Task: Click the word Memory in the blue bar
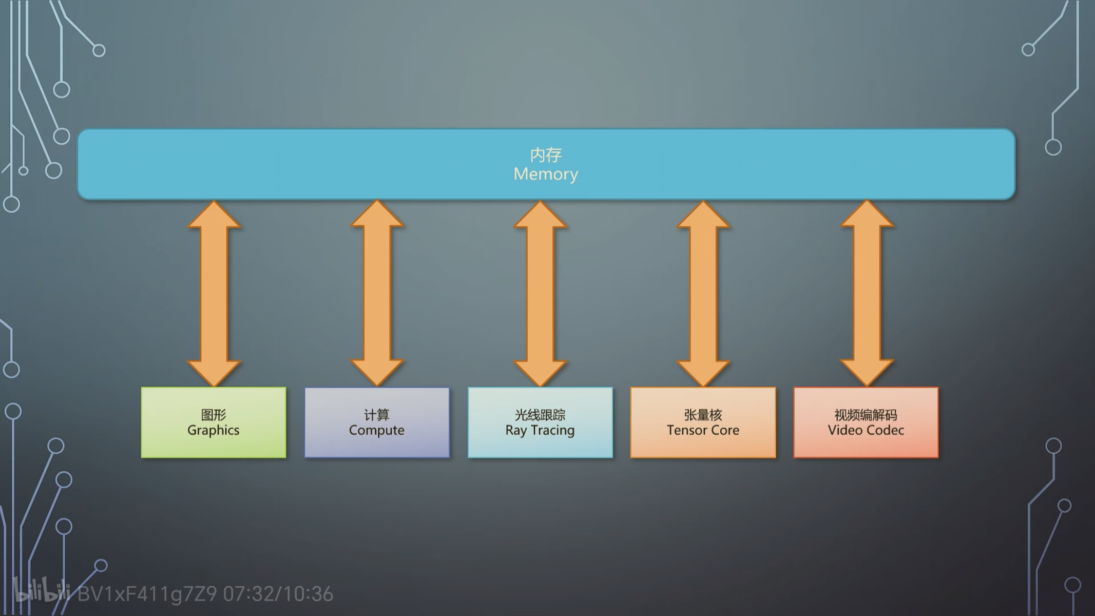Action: [546, 175]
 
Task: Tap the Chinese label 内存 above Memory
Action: [546, 155]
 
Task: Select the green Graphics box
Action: [214, 422]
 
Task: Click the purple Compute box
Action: [377, 422]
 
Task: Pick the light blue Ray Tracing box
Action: [540, 422]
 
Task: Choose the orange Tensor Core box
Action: [703, 422]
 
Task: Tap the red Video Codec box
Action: [866, 422]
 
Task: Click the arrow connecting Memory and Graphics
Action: [214, 293]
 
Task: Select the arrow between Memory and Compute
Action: [377, 293]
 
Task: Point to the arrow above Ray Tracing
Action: [540, 293]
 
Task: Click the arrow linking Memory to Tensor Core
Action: [703, 293]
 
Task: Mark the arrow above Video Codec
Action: [867, 293]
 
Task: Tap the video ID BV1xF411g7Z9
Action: [147, 594]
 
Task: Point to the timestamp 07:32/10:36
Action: [278, 594]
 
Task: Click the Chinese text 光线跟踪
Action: [540, 415]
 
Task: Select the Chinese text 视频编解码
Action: [866, 415]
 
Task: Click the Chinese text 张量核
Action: [703, 415]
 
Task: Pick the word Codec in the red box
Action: [885, 430]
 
